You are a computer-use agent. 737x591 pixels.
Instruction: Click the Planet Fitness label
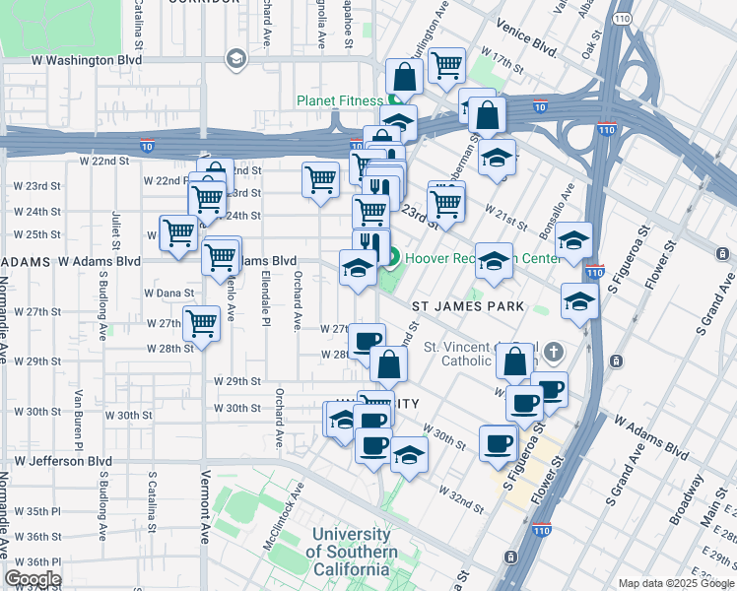click(339, 100)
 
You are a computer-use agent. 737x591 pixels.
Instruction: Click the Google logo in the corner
click(33, 579)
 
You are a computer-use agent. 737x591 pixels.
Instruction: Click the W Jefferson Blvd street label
click(60, 460)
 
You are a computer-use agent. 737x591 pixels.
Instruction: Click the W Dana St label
click(168, 293)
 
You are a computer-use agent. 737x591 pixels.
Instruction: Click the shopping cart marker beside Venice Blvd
click(446, 65)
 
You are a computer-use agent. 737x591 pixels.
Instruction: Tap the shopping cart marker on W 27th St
click(201, 321)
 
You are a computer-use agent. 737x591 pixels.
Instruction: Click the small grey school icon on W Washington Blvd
click(235, 59)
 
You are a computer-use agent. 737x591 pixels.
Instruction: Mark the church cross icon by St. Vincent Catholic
click(554, 352)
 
